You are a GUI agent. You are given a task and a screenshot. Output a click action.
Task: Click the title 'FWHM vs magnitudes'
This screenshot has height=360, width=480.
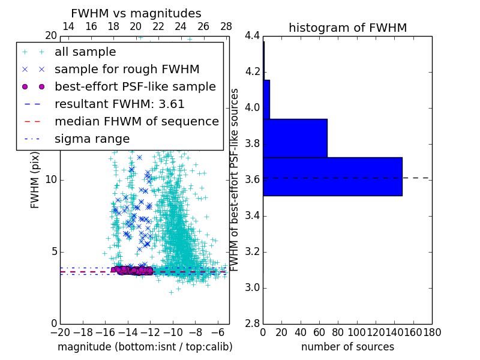pos(136,13)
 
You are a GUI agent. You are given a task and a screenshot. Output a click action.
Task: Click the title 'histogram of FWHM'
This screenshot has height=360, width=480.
pos(347,28)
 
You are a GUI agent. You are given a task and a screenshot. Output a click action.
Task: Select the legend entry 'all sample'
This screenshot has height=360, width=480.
pos(85,52)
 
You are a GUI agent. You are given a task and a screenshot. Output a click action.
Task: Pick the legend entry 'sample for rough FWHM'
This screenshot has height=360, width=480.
pos(127,69)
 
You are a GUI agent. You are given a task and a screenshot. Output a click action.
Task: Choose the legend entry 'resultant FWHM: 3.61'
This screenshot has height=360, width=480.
pos(119,104)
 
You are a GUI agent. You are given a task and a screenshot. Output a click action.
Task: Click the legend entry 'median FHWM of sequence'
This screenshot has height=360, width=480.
pos(136,121)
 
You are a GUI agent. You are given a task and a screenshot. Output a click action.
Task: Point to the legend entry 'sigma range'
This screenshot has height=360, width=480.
pos(92,139)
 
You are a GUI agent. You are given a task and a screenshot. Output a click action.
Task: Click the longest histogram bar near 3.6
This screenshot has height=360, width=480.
pos(332,176)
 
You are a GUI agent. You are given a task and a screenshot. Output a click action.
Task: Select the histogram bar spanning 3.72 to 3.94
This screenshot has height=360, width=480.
pos(295,138)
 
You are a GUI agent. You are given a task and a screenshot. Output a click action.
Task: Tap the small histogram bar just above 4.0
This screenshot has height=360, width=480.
pos(266,99)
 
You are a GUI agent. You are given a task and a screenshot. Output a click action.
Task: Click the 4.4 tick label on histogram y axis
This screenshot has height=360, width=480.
pos(253,36)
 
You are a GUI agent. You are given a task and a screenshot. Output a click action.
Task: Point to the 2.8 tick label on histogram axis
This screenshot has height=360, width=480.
pos(253,323)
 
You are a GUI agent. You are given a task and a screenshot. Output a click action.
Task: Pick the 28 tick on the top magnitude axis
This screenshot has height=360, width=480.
pos(226,26)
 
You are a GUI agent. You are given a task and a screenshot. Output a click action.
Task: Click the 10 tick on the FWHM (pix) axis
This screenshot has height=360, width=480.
pos(51,179)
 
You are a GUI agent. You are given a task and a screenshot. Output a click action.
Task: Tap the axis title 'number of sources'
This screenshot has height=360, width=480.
pos(347,347)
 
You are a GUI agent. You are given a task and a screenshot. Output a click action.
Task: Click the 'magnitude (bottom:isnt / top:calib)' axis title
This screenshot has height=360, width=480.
pos(145,347)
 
